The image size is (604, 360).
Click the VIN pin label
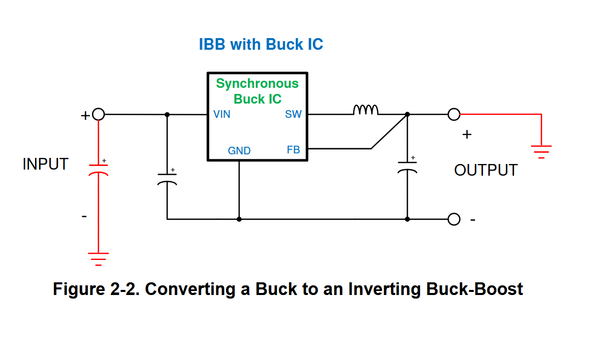[222, 114]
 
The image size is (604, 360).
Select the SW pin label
[293, 114]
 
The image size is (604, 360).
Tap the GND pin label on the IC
[239, 150]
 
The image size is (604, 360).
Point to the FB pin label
[294, 149]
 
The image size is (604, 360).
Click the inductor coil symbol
[366, 110]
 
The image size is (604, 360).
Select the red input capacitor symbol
[99, 170]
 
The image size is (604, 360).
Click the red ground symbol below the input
[98, 259]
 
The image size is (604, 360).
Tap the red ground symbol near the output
[541, 152]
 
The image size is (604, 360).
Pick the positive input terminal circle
[99, 114]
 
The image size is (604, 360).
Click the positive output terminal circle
[454, 114]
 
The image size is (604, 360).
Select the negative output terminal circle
[454, 219]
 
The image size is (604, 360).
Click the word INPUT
[45, 164]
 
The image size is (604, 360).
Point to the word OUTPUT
[486, 170]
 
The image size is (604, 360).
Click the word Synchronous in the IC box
[258, 84]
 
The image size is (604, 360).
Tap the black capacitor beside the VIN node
[167, 178]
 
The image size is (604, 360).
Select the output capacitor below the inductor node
[407, 167]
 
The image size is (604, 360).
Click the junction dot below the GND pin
[239, 219]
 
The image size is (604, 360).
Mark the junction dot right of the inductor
[407, 114]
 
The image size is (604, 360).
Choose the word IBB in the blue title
[212, 45]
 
